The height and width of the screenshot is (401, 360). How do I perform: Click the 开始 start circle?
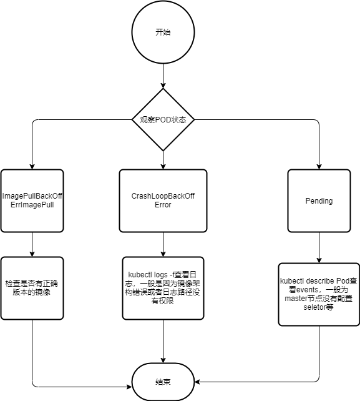(163, 32)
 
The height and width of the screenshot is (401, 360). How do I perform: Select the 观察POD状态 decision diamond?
(163, 119)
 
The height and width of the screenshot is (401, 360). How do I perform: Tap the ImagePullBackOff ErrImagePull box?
(32, 200)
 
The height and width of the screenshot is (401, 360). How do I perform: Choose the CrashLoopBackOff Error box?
(163, 200)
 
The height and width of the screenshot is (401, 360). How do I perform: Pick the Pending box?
(319, 200)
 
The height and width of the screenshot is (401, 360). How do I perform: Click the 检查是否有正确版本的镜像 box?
(32, 288)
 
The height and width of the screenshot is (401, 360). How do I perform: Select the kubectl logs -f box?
(163, 288)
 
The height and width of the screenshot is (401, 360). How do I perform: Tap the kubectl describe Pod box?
(319, 294)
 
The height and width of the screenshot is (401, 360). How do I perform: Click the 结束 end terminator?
(163, 382)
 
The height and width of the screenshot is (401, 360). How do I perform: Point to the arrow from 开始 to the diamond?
(163, 76)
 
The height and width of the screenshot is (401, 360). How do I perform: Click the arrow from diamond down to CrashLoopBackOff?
(163, 160)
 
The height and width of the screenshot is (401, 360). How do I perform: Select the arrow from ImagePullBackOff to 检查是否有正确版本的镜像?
(32, 244)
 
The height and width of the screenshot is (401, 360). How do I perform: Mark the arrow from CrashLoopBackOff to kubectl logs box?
(163, 244)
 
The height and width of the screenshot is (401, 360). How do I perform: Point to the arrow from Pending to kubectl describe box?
(319, 247)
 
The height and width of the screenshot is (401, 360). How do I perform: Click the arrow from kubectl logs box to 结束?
(163, 342)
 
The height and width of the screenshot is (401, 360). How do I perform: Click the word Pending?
(319, 200)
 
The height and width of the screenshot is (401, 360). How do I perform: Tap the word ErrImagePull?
(32, 205)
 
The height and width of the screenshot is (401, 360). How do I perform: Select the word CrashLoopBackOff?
(163, 196)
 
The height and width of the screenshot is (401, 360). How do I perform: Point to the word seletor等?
(318, 307)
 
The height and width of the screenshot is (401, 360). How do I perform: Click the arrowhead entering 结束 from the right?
(197, 382)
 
